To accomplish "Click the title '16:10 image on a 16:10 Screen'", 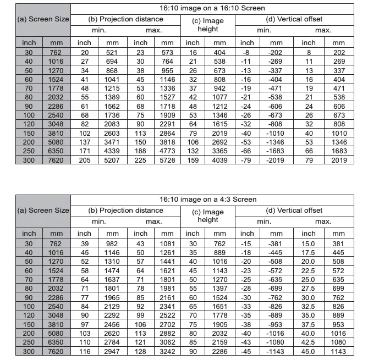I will pyautogui.click(x=219, y=8).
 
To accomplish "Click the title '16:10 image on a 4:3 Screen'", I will pyautogui.click(x=219, y=199).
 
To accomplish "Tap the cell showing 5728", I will pyautogui.click(x=167, y=160).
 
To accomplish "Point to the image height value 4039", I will pyautogui.click(x=219, y=160).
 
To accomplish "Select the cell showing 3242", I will pyautogui.click(x=167, y=351).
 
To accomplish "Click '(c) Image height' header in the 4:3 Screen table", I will pyautogui.click(x=207, y=215).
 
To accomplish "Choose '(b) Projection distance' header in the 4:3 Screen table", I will pyautogui.click(x=126, y=210).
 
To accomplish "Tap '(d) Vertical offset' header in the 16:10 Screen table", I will pyautogui.click(x=294, y=19).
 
